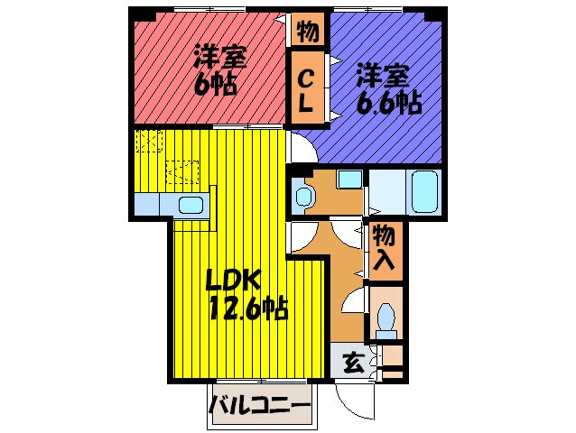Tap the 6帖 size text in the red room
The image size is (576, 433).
pos(215,86)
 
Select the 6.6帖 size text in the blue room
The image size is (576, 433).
pos(389,102)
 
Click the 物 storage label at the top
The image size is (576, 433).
pos(306,32)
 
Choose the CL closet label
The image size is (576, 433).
pos(306,90)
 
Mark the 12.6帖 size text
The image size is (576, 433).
pos(248,310)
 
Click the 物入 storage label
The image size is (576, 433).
pos(383,248)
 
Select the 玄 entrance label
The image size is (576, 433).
pos(354,364)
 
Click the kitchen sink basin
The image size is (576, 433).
pos(191,205)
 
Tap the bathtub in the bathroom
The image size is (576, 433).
pos(423,189)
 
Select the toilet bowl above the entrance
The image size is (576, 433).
pos(387,317)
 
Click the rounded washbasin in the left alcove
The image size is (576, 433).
pos(303,193)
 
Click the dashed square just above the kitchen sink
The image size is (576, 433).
pos(183,170)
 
